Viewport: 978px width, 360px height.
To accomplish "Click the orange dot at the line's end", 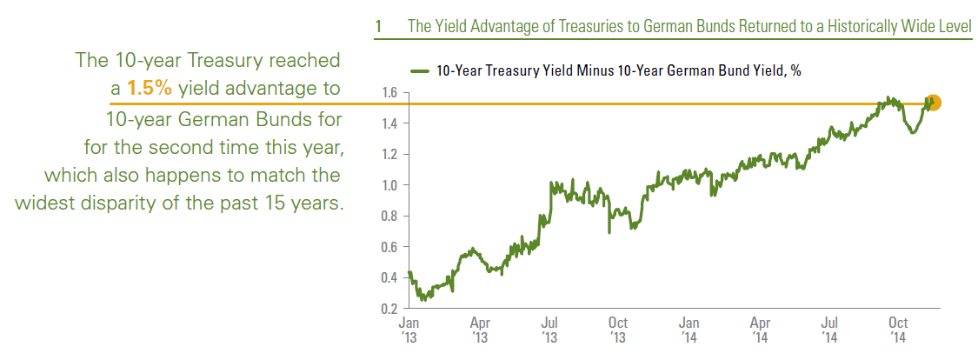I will click(x=934, y=103).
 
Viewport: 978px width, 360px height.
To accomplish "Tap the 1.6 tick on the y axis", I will click(x=389, y=92).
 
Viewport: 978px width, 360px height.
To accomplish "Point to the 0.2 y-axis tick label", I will click(x=389, y=309).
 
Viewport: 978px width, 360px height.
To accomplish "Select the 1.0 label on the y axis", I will click(x=389, y=185).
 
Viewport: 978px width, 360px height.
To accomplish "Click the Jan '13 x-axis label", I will click(x=408, y=328).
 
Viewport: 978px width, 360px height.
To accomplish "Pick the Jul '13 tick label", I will click(x=549, y=328).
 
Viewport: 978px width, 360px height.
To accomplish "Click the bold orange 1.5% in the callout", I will click(x=150, y=88).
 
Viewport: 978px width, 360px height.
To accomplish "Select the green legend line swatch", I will click(x=420, y=71).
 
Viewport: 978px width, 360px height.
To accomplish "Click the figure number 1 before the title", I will click(x=379, y=27).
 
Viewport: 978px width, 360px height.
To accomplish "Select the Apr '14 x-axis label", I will click(x=761, y=328).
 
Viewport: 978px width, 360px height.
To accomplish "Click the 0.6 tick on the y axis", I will click(x=389, y=247).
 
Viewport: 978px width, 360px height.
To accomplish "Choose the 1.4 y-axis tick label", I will click(x=389, y=123).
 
